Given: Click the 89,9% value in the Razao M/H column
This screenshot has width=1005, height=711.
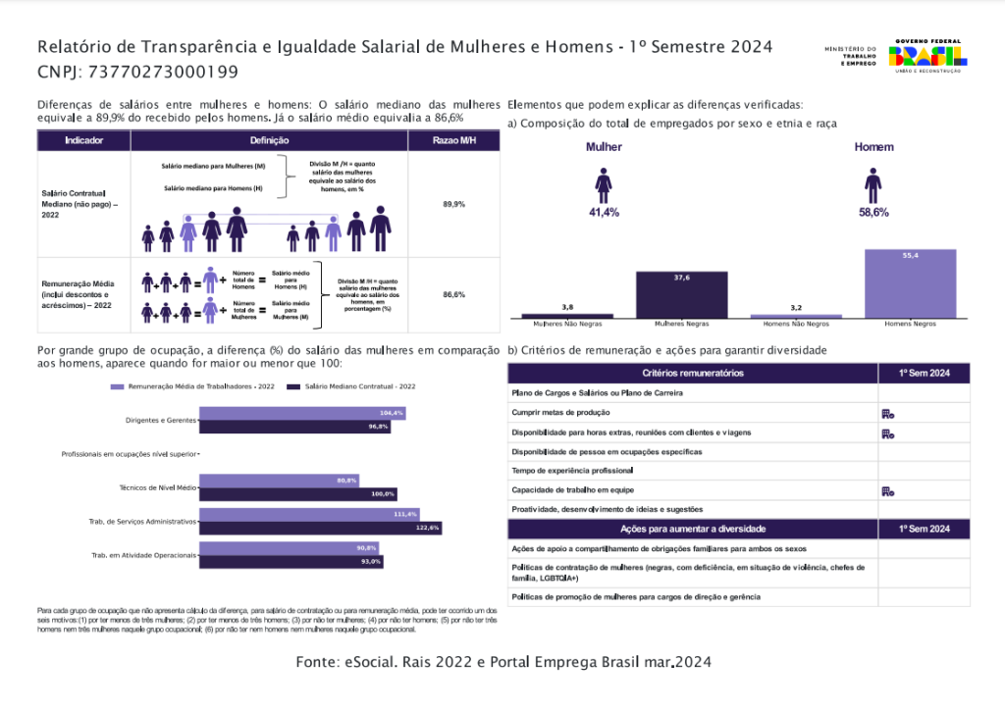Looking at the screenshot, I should click(x=453, y=204).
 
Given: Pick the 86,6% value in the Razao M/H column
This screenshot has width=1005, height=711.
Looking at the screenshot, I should click(x=453, y=294).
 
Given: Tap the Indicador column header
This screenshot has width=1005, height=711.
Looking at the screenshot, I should click(x=83, y=140).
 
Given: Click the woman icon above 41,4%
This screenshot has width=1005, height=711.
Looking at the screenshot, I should click(x=604, y=184).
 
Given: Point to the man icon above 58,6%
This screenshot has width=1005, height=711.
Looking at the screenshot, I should click(x=873, y=184).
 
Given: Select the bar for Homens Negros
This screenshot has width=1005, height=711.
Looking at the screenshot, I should click(x=910, y=283).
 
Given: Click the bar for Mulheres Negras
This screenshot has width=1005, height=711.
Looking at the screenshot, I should click(x=681, y=294).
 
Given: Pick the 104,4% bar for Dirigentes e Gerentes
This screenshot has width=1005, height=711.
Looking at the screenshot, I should click(x=302, y=413).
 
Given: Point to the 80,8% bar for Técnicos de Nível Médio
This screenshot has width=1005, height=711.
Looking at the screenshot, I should click(x=279, y=481).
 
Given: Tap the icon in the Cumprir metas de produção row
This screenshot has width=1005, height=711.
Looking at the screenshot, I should click(x=887, y=414).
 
